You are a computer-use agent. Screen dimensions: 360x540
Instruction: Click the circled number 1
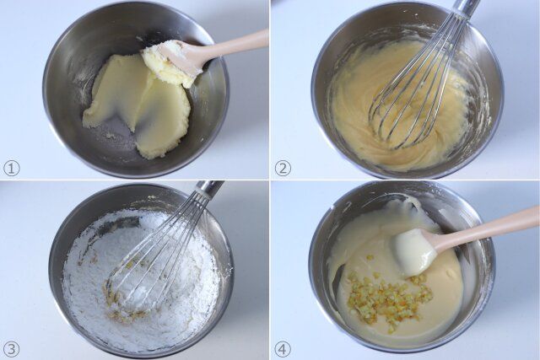[11, 168]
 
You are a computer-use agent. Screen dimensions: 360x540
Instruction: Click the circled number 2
[283, 168]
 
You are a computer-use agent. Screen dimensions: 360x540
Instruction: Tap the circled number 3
[11, 348]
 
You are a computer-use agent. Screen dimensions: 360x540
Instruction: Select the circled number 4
[283, 348]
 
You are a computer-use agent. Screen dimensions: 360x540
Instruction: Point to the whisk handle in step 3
[207, 191]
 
